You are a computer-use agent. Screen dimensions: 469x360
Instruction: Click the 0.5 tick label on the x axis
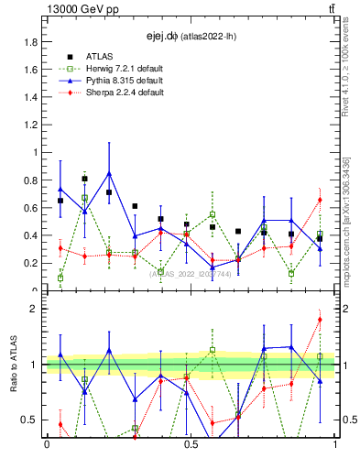[191, 445]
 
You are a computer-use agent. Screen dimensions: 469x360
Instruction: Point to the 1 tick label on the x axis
[335, 445]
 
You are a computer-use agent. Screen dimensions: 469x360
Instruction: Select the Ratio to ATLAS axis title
[14, 365]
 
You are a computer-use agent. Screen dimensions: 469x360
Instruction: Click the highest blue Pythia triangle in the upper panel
[110, 173]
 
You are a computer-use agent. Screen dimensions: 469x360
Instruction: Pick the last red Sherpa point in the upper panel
[320, 200]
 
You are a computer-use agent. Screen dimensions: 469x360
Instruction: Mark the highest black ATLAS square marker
[85, 180]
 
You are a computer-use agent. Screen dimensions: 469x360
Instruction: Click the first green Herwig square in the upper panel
[60, 278]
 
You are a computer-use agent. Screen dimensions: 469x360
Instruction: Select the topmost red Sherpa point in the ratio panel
[320, 320]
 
